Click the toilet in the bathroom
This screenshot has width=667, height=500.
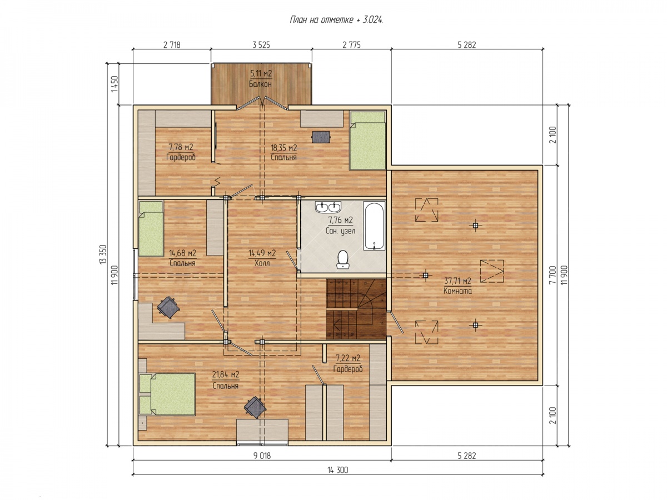342,259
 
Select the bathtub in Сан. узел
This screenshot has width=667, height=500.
374,226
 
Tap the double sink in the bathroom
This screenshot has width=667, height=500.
328,207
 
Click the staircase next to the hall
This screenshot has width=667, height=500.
356,309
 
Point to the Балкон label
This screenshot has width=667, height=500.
260,83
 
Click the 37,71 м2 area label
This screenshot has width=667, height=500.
457,281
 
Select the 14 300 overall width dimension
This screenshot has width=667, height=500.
337,470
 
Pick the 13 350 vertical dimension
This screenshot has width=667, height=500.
103,254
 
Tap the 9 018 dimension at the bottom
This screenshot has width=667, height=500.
262,456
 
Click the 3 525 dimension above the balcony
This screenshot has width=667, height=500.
261,45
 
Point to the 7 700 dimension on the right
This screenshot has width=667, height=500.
552,275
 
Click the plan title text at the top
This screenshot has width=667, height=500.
336,20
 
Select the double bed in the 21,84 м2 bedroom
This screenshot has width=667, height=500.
167,394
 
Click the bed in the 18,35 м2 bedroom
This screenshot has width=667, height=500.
368,140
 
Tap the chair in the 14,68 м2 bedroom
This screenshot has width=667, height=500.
168,307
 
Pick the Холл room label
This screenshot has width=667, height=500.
262,263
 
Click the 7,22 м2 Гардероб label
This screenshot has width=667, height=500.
348,363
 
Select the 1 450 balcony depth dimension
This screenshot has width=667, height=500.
115,84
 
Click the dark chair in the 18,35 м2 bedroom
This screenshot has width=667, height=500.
321,137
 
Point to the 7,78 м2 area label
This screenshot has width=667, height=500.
181,147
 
